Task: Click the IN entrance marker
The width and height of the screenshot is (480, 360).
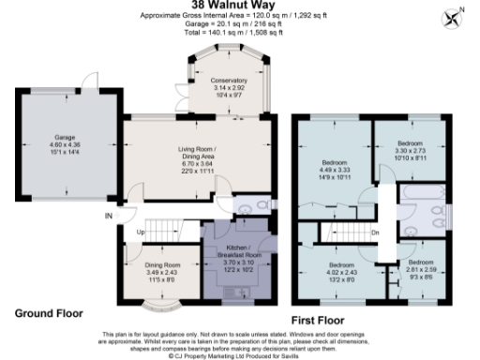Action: pyautogui.click(x=109, y=217)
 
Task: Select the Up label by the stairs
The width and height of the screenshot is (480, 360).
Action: pyautogui.click(x=141, y=232)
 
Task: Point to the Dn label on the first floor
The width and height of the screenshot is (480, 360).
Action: pyautogui.click(x=375, y=232)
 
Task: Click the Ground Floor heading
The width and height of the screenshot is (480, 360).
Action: pyautogui.click(x=49, y=312)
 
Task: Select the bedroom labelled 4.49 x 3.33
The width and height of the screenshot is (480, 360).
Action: pyautogui.click(x=336, y=165)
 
